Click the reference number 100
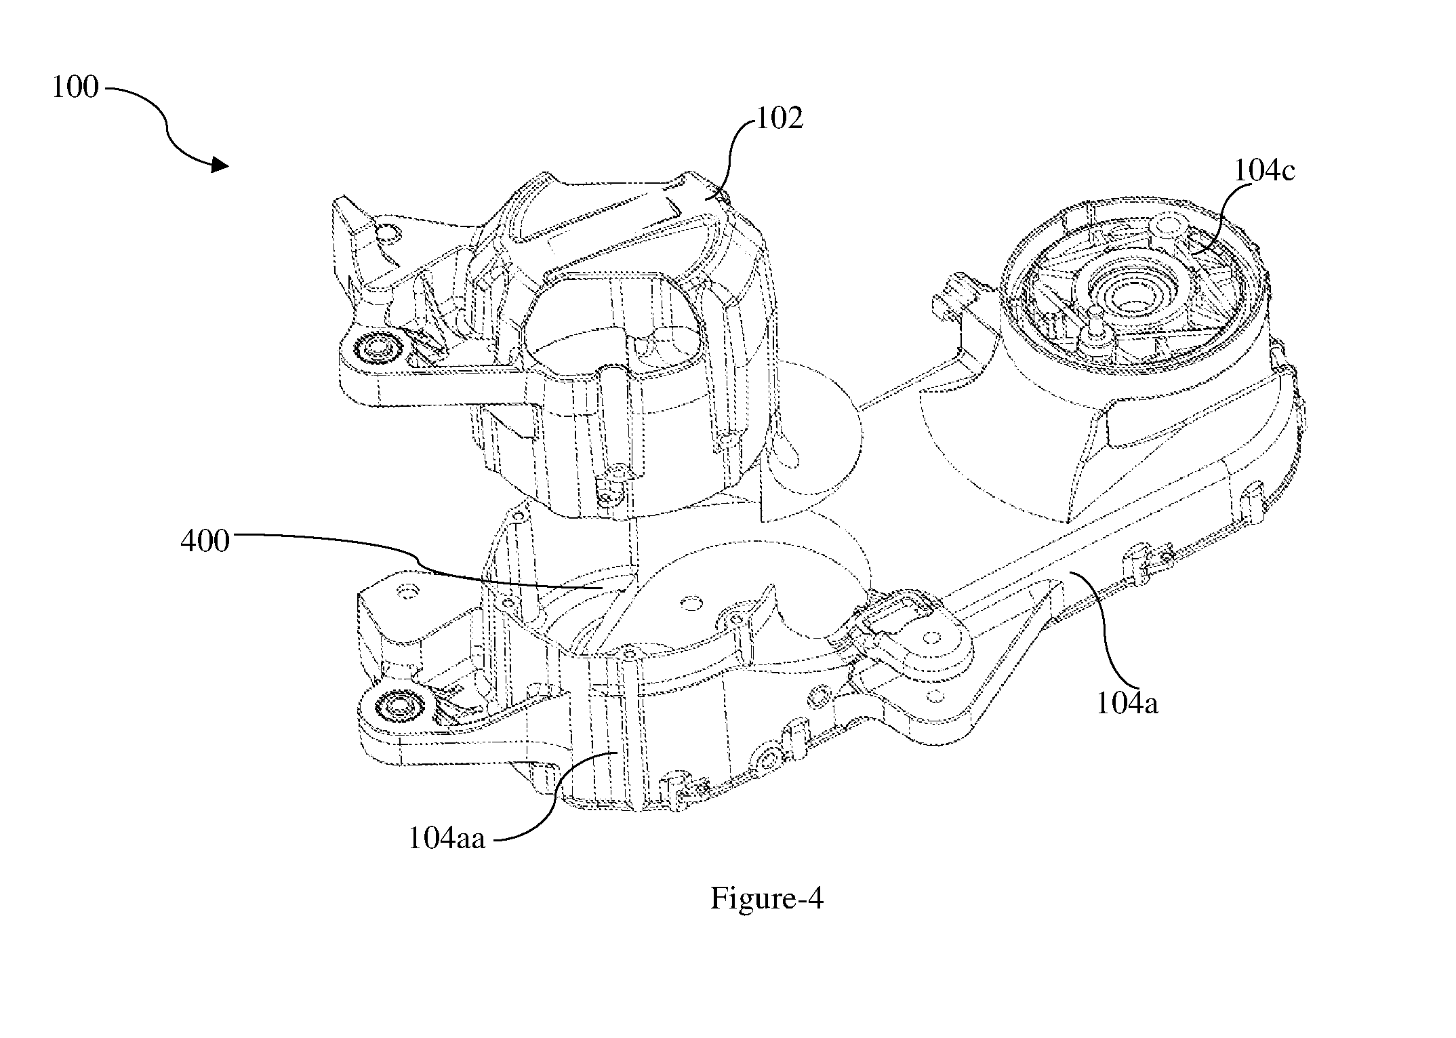[75, 88]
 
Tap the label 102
[780, 119]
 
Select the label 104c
[1263, 170]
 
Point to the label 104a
[1127, 703]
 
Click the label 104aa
[447, 839]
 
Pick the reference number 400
[205, 542]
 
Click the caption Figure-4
[767, 898]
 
